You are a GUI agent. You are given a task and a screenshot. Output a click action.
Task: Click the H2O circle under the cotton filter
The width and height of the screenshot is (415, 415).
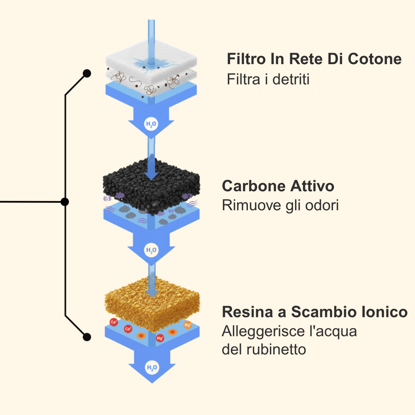coord(151,124)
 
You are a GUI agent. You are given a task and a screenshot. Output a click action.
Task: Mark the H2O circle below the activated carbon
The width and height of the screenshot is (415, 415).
coord(151,250)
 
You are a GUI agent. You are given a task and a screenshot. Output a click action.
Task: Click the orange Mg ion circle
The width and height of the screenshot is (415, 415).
coord(188,325)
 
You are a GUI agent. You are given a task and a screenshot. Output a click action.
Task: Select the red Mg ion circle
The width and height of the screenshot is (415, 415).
coord(160,338)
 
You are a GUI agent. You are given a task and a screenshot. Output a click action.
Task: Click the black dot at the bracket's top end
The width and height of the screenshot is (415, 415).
coord(87,73)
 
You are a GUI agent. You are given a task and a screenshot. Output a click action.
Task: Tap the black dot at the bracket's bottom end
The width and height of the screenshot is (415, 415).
coord(87,337)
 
